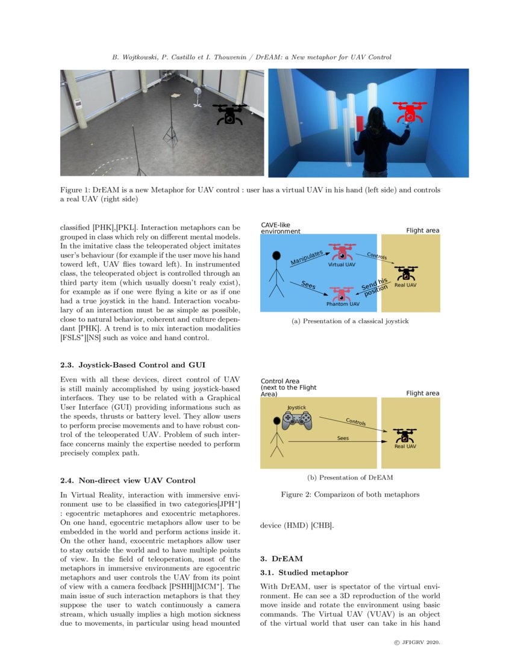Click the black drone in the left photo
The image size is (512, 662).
[x=229, y=114]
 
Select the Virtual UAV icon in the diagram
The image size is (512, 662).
[x=342, y=253]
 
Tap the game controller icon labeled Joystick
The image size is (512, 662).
[x=297, y=420]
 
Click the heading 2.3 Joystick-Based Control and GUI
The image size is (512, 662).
[x=133, y=364]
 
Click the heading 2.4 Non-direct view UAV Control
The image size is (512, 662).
[x=128, y=480]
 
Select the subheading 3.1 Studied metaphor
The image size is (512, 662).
[x=304, y=572]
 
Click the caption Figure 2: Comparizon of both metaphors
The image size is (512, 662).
[x=349, y=495]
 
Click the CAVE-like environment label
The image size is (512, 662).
[x=281, y=227]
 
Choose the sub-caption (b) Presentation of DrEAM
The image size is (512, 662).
[x=349, y=477]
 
